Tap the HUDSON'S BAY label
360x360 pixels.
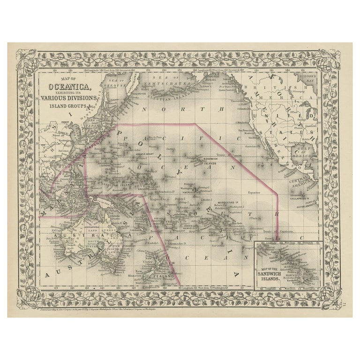(310, 77)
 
